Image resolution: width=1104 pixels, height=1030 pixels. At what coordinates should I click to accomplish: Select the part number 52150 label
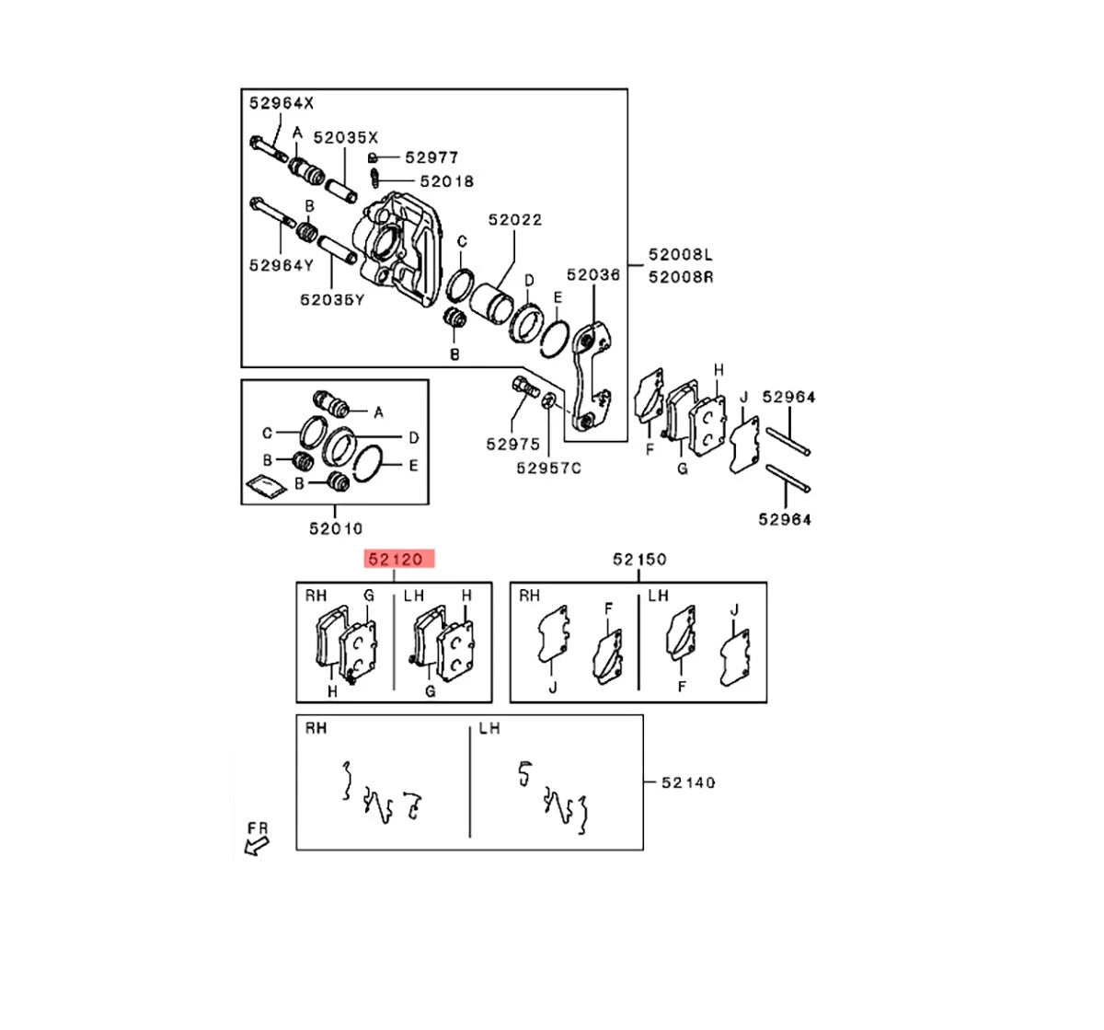(639, 560)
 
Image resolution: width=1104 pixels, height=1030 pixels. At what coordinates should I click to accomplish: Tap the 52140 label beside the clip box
(688, 782)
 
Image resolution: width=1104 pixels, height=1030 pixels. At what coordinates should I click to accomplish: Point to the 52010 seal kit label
(336, 528)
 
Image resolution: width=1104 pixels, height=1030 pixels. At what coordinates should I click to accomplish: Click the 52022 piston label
(515, 220)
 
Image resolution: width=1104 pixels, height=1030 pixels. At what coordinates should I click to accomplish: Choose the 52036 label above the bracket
(593, 275)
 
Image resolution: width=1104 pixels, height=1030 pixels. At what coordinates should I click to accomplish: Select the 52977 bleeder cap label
(431, 158)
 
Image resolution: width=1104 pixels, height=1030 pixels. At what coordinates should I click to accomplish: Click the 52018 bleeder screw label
(446, 181)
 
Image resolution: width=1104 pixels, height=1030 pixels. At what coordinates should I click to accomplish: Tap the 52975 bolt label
(513, 444)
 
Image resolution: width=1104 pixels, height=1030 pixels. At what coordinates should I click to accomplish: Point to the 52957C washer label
(548, 468)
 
